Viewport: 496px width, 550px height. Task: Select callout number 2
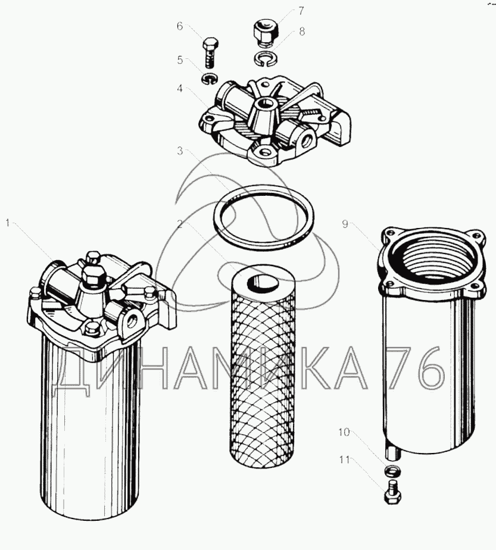tap(180, 223)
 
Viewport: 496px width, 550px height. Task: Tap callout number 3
tap(180, 151)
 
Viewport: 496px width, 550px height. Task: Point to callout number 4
tap(180, 89)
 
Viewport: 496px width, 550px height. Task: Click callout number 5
tap(180, 60)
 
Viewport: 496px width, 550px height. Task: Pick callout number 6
tap(180, 26)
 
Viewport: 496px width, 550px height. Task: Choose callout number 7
tap(301, 11)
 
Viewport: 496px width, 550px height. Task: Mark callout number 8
tap(302, 32)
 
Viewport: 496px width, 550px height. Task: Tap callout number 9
tap(345, 224)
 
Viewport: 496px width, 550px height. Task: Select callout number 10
tap(344, 432)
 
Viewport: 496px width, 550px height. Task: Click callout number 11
tap(345, 459)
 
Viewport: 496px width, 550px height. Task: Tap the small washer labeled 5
tap(210, 78)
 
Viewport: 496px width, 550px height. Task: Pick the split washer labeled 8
tap(266, 58)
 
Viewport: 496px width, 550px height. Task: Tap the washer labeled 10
tap(393, 470)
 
